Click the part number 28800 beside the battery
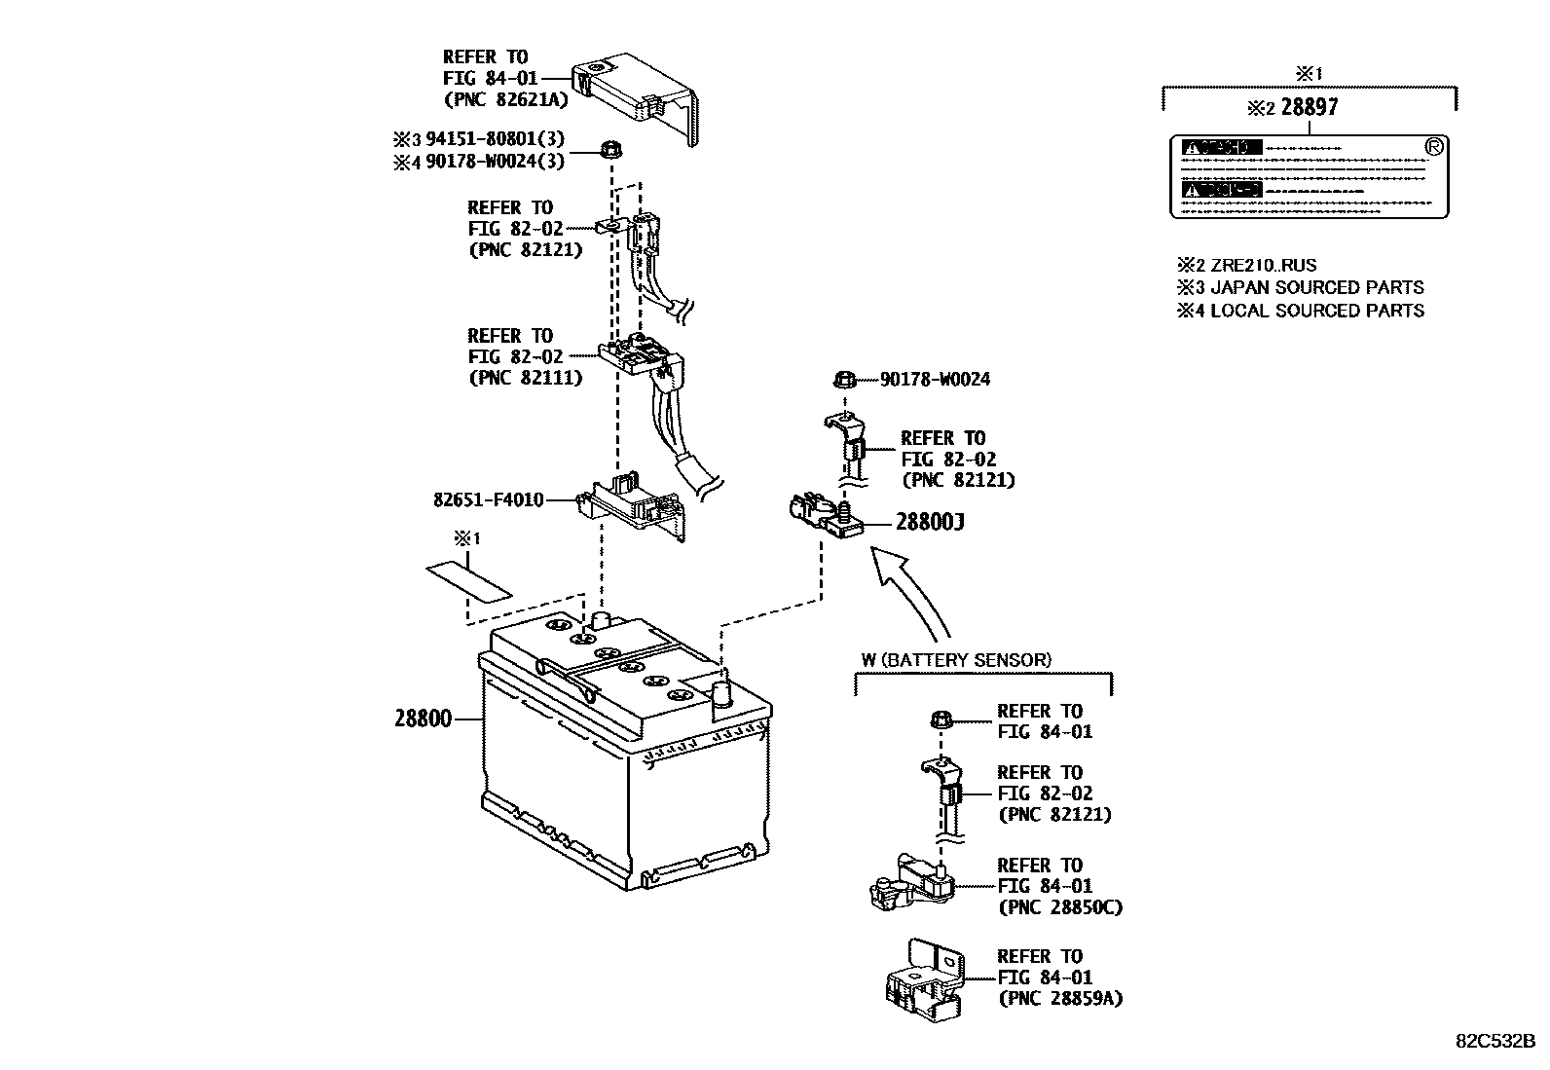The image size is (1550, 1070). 423,719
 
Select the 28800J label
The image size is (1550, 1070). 930,523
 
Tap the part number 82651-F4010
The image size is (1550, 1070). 488,500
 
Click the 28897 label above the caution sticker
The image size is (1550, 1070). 1310,107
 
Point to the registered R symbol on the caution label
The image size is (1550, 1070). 1432,146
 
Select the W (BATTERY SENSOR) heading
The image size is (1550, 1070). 955,660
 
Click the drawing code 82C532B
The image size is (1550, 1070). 1495,1040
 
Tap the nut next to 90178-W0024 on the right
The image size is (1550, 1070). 845,379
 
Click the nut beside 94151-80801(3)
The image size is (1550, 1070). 611,151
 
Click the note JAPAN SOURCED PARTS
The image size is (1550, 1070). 1316,288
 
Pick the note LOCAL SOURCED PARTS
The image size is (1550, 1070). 1316,311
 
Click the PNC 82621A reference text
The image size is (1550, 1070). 503,99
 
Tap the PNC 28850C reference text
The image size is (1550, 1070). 1059,907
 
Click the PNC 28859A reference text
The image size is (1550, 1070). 1059,998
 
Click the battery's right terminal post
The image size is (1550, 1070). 723,694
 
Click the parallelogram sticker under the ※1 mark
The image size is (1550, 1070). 468,580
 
